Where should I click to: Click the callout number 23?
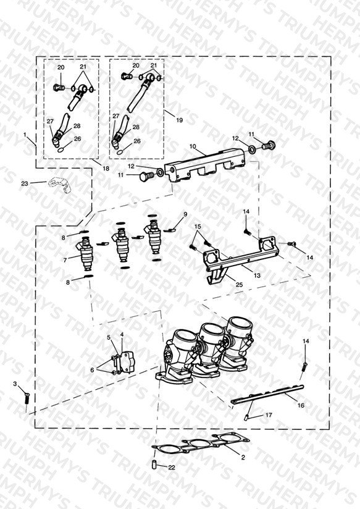[25, 183]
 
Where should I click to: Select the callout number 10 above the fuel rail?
[193, 146]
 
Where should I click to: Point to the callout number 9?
[185, 214]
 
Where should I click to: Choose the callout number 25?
[239, 285]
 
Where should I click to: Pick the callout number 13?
[257, 276]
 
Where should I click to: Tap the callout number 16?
[301, 405]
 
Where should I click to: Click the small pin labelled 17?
[246, 418]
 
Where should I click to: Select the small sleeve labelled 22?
[154, 465]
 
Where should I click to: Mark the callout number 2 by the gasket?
[243, 458]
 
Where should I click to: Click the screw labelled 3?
[27, 398]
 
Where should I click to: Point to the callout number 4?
[122, 334]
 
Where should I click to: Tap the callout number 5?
[109, 337]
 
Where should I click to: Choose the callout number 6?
[92, 370]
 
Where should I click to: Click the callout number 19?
[179, 120]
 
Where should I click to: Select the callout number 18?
[106, 169]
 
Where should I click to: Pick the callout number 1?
[25, 134]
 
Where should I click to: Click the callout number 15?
[198, 226]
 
